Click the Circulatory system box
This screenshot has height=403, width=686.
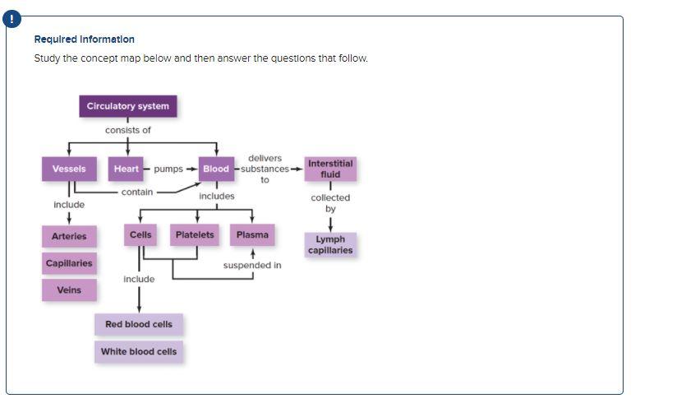click(x=128, y=106)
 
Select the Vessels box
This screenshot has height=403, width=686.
click(x=69, y=169)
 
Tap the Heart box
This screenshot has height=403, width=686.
click(x=127, y=169)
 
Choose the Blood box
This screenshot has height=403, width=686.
click(x=216, y=169)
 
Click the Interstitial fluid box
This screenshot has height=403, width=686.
click(x=330, y=169)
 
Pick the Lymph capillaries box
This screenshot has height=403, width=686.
click(x=330, y=245)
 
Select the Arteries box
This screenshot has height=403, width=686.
click(x=69, y=236)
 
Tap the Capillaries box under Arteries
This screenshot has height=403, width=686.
click(x=69, y=263)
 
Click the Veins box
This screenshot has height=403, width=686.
click(x=69, y=290)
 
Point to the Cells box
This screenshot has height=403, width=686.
click(x=140, y=235)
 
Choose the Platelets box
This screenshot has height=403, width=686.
click(x=195, y=235)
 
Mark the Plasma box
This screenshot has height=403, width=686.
click(x=252, y=235)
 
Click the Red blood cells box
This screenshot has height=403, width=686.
click(x=139, y=324)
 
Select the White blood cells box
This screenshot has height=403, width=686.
click(x=139, y=351)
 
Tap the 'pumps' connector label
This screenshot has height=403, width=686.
click(x=168, y=169)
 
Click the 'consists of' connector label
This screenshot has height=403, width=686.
click(x=128, y=130)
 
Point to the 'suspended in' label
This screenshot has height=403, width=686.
click(x=252, y=266)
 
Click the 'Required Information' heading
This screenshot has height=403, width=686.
click(x=85, y=39)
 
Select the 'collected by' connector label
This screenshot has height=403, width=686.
click(x=330, y=203)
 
